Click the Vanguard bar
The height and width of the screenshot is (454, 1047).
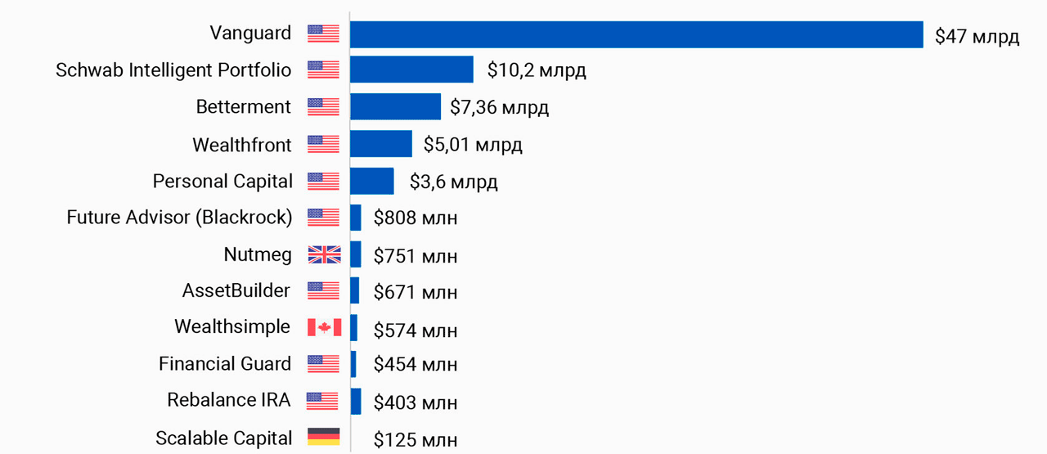click(636, 34)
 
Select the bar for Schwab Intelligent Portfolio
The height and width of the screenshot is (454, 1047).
click(411, 70)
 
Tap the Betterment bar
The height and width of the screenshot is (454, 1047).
click(395, 107)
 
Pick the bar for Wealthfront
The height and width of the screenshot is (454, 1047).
click(381, 144)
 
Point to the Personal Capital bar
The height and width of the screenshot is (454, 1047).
click(372, 181)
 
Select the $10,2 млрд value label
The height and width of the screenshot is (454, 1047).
click(537, 70)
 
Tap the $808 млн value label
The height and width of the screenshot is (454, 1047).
click(416, 218)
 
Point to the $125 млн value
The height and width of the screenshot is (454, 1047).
click(416, 439)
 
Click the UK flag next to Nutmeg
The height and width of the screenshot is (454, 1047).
click(324, 255)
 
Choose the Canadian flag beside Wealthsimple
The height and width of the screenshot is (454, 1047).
click(324, 327)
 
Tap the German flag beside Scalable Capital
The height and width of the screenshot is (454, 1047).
click(323, 437)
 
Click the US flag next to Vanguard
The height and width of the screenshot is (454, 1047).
click(323, 34)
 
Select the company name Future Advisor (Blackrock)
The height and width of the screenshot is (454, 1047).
click(179, 218)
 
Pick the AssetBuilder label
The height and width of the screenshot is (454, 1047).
click(236, 290)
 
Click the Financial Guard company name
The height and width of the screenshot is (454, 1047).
click(224, 363)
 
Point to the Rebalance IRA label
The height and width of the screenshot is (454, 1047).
click(229, 400)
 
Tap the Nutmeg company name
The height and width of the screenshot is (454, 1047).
click(258, 254)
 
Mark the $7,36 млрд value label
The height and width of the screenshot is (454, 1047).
click(499, 108)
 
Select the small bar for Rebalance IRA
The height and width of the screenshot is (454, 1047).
click(356, 401)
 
